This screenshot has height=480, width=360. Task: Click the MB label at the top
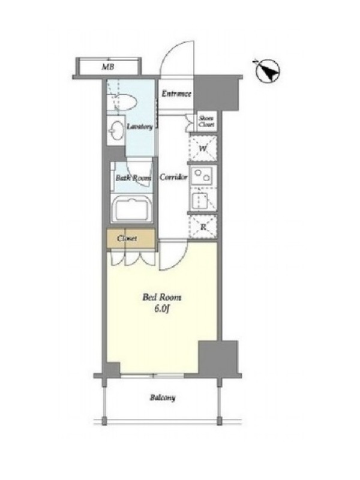(108, 67)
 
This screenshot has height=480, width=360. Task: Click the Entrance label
(176, 94)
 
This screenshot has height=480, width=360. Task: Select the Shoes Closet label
(206, 122)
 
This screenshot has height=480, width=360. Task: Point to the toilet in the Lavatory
(125, 102)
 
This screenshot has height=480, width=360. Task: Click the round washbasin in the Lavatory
(116, 131)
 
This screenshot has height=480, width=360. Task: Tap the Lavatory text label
(140, 127)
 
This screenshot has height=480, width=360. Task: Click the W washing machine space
(203, 148)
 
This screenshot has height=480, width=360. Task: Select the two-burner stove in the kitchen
(203, 175)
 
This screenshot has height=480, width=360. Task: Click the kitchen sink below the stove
(200, 200)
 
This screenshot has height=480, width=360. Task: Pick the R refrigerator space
(203, 227)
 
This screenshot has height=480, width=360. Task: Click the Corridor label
(173, 177)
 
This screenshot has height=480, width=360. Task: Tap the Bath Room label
(133, 178)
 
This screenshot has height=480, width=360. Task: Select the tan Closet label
(127, 238)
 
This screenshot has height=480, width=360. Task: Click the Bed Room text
(162, 297)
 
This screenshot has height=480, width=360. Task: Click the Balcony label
(163, 398)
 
